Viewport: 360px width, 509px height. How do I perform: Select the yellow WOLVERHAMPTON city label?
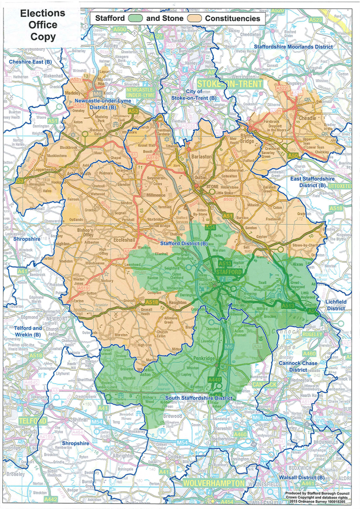click(213, 483)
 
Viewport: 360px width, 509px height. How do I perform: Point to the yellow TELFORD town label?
click(32, 421)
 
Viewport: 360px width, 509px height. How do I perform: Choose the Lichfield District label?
click(336, 305)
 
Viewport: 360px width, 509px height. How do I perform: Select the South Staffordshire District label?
click(199, 398)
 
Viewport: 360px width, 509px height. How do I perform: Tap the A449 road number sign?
click(214, 380)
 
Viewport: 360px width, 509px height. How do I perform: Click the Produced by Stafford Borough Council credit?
click(321, 494)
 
